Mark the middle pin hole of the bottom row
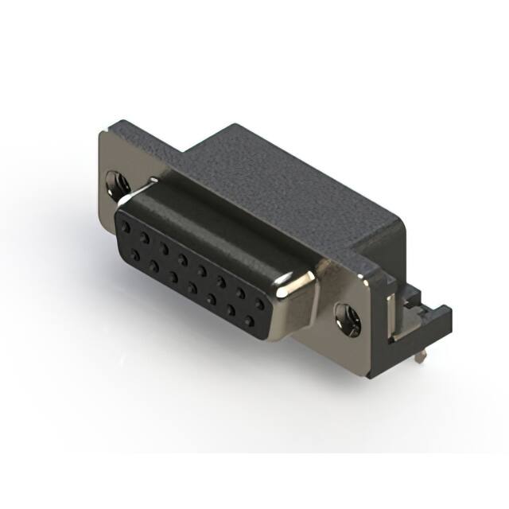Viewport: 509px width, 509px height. [x=192, y=289]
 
